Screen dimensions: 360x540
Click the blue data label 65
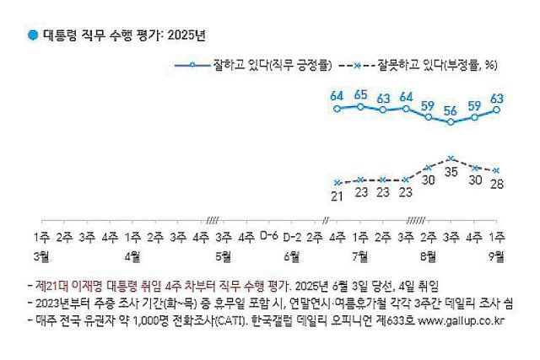(360, 94)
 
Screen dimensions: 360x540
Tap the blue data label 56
(452, 110)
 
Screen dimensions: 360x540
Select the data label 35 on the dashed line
(452, 171)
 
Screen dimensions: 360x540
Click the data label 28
(498, 184)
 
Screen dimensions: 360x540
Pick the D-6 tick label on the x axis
(269, 236)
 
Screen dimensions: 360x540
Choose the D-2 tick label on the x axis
(292, 236)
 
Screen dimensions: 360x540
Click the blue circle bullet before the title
(32, 35)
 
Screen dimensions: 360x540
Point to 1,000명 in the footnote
(149, 320)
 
